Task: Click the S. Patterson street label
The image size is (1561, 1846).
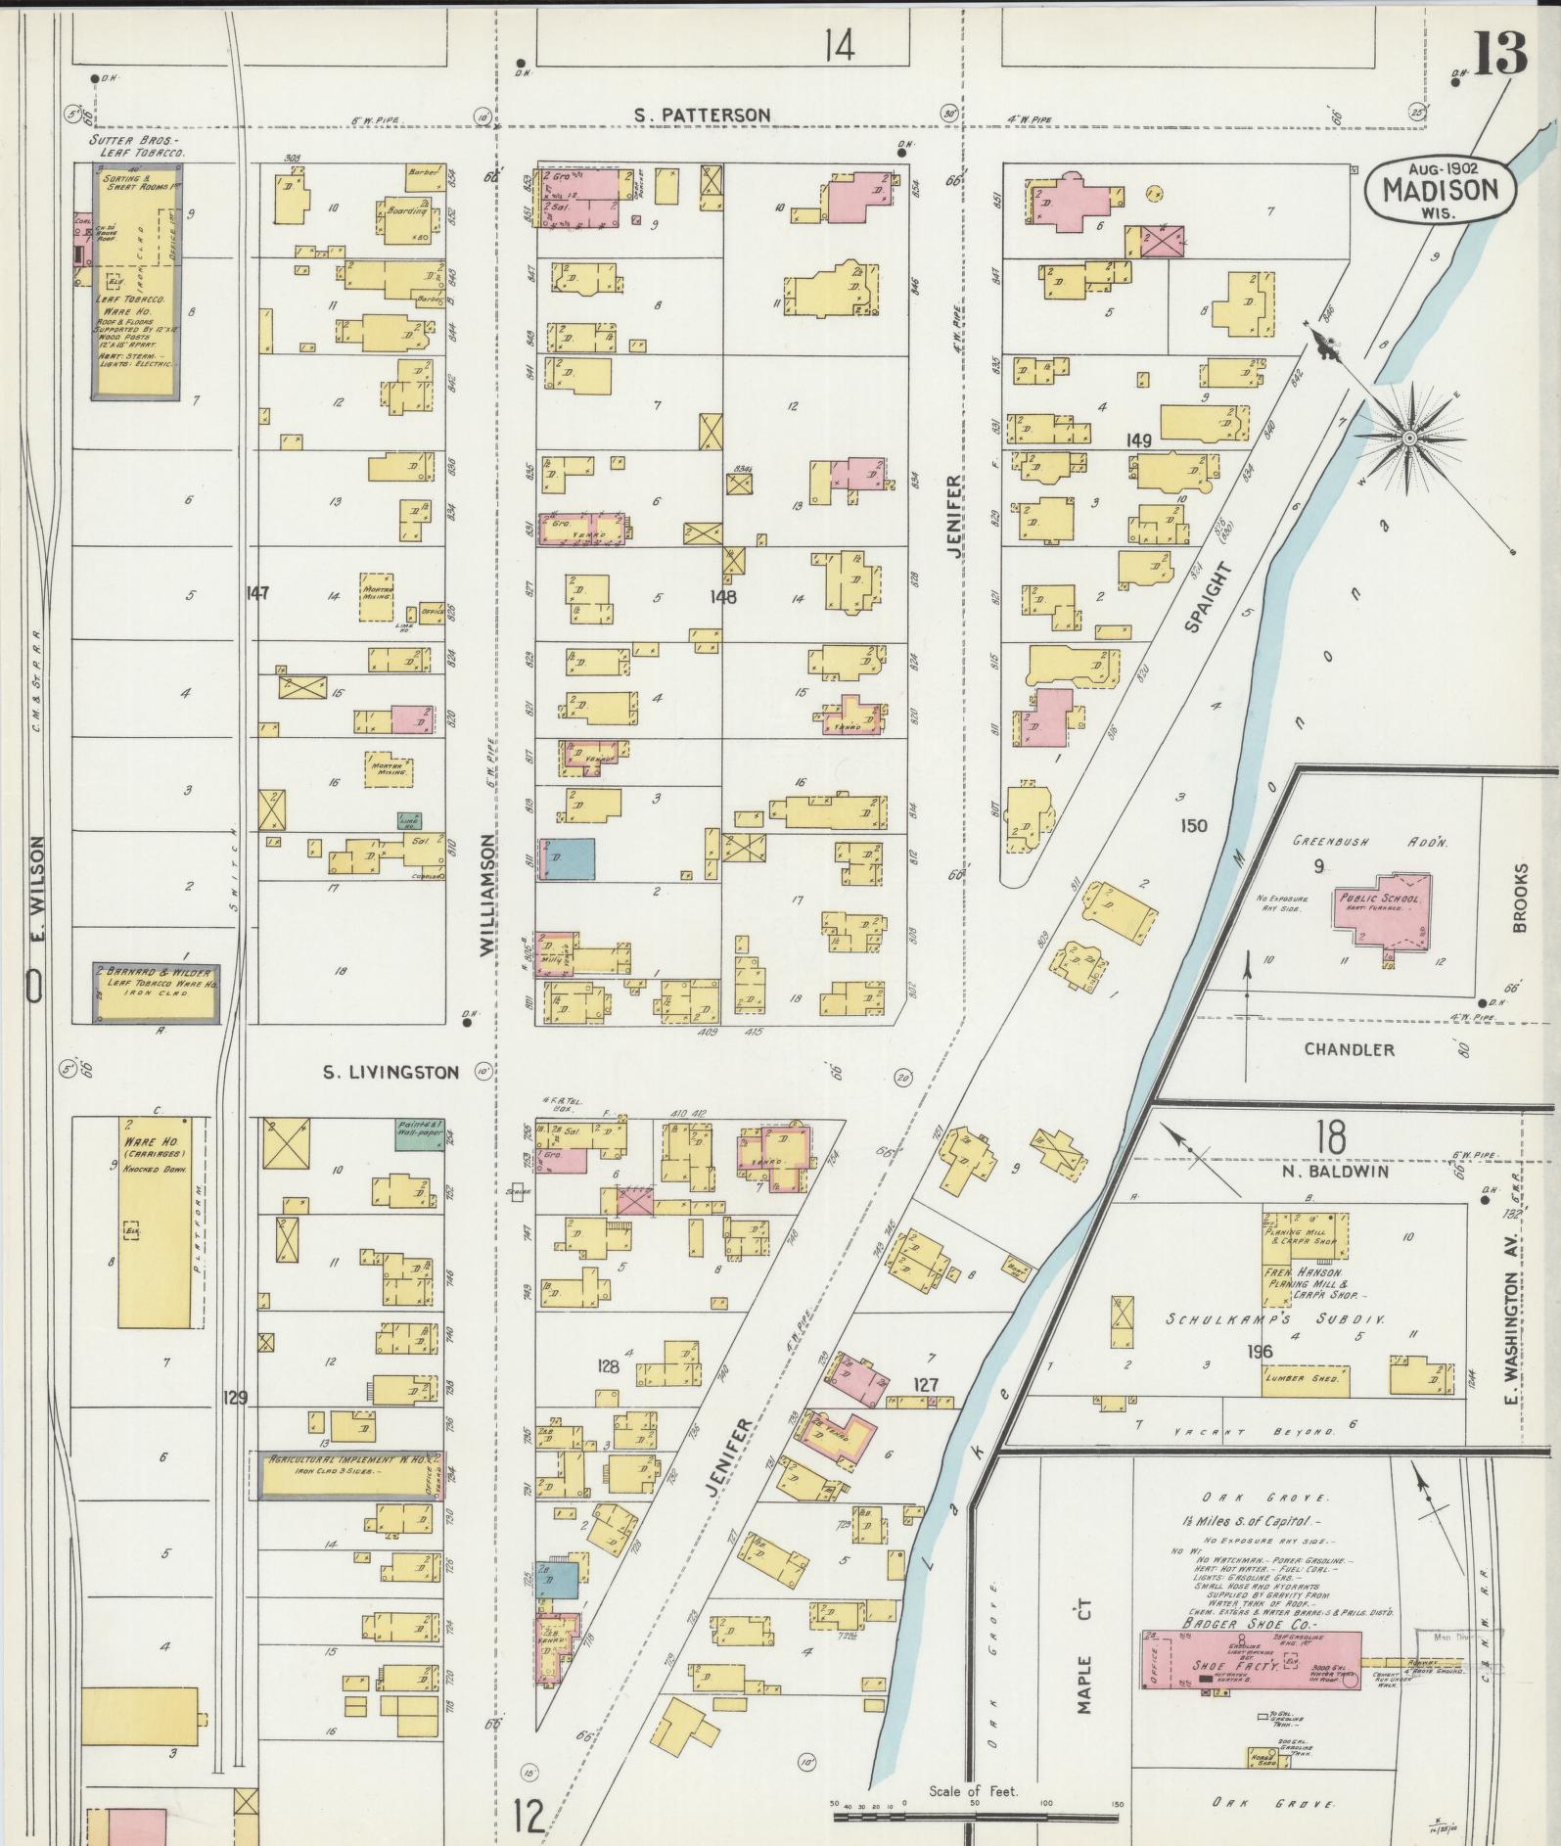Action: pos(702,115)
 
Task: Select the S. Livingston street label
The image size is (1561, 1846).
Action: pos(390,1072)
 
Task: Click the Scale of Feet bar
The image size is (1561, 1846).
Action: pos(979,1817)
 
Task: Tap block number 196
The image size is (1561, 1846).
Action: pos(1260,1352)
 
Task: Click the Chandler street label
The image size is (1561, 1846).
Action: pos(1349,1049)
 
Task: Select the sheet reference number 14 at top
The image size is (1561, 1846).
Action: pos(839,46)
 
